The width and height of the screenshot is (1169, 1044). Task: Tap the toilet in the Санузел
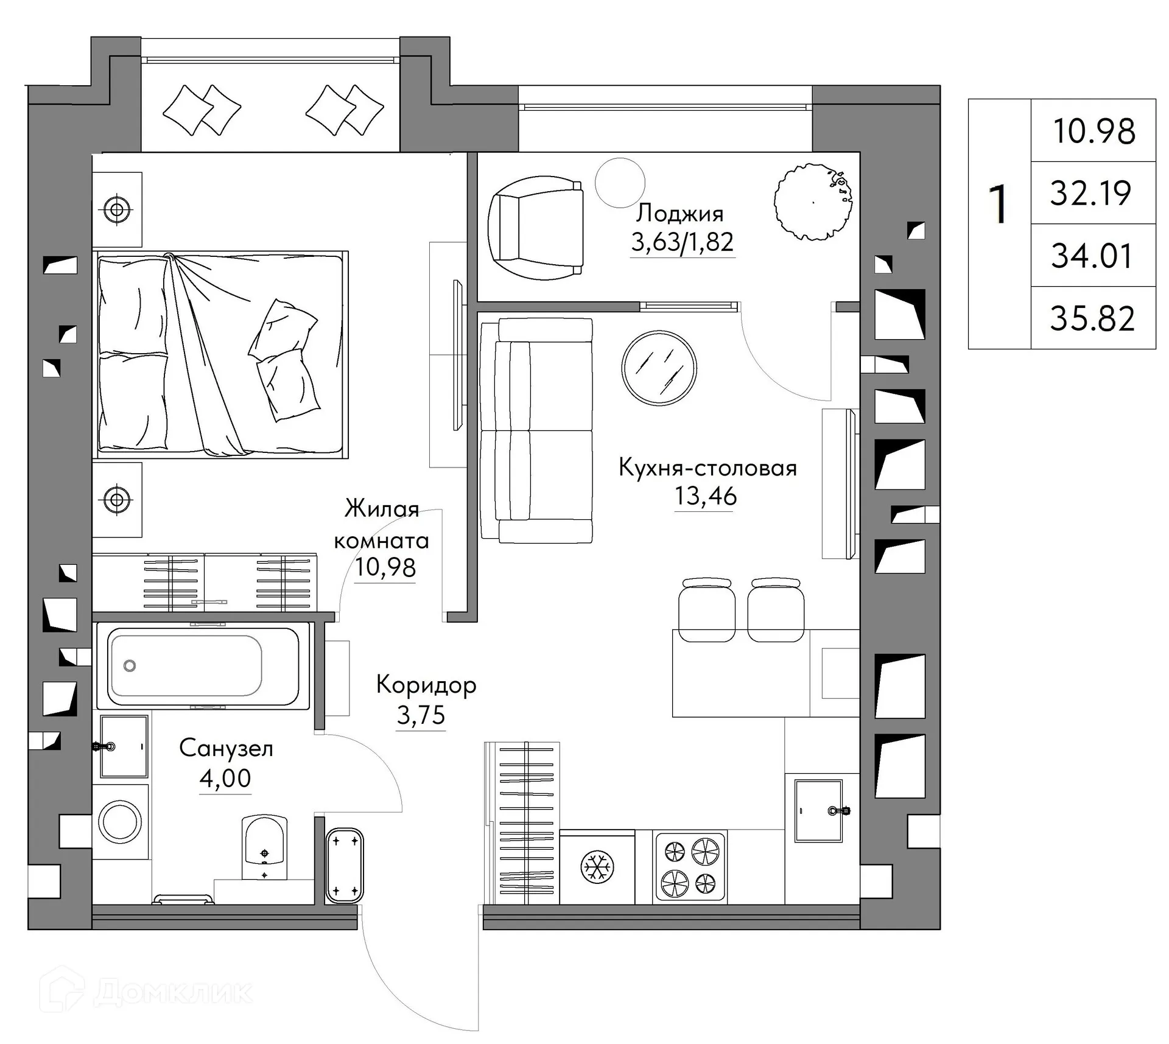[x=264, y=846]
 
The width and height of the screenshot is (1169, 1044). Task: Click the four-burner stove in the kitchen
[x=689, y=866]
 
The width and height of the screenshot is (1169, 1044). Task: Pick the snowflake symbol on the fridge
[x=596, y=866]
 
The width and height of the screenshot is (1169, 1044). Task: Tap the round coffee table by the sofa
[x=659, y=368]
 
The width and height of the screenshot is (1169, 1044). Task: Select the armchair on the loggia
[x=536, y=228]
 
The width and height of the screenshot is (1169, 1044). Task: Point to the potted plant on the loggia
[x=813, y=201]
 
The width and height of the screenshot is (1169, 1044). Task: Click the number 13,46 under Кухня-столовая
[x=705, y=497]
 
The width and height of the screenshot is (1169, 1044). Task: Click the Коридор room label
[x=426, y=685]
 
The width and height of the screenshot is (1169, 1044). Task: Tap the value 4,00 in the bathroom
[x=225, y=778]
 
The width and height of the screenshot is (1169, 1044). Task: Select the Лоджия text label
[x=679, y=214]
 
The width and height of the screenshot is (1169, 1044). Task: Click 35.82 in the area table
[x=1092, y=318]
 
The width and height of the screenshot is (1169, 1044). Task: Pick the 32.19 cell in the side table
[x=1090, y=193]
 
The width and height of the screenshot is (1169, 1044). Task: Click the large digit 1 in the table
[x=999, y=205]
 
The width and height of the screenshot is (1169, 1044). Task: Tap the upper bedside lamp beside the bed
[x=117, y=210]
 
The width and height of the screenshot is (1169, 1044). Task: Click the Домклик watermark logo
[x=146, y=992]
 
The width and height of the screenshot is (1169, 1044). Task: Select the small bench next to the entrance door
[x=345, y=865]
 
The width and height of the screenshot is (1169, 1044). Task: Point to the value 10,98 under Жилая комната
[x=385, y=567]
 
